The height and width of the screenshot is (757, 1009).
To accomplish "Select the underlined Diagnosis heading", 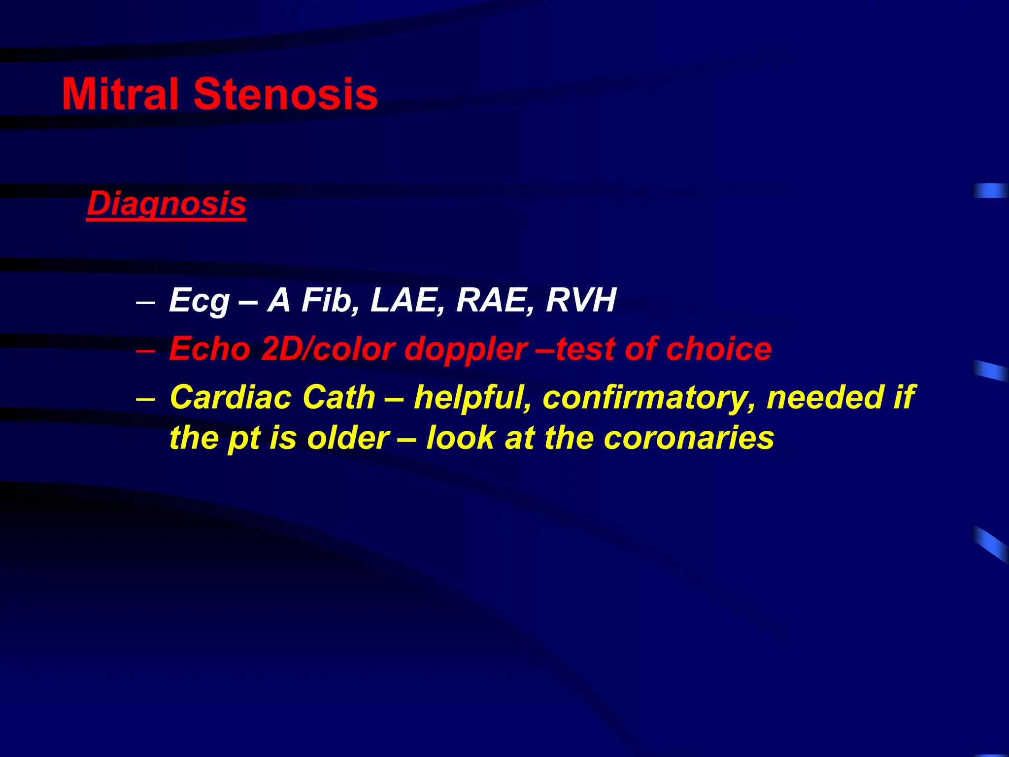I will [x=166, y=204].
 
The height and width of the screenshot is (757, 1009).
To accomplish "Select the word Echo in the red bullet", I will [x=210, y=349].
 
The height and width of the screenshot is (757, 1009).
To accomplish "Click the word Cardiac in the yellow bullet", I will [x=231, y=397].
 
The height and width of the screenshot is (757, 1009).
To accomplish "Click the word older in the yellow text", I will [x=348, y=438].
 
